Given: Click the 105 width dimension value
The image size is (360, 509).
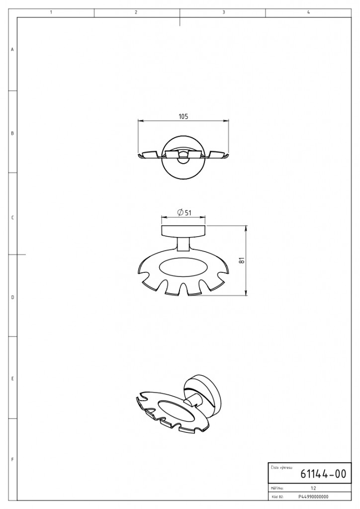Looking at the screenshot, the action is click(x=183, y=116).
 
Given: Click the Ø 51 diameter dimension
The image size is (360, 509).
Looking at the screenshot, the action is click(x=184, y=213).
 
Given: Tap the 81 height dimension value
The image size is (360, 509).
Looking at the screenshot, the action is click(x=241, y=260).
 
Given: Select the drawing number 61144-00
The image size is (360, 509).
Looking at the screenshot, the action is click(x=323, y=474).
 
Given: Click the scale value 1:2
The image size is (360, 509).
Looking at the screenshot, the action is click(x=313, y=488).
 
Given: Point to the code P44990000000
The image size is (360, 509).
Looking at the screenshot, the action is click(x=313, y=497).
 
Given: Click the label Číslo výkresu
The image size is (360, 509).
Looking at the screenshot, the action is click(x=281, y=467).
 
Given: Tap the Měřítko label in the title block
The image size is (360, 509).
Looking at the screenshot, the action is click(x=277, y=488).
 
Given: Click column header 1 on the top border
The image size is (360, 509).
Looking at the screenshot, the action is click(x=51, y=12).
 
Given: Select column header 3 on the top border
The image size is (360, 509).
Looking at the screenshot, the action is click(x=224, y=12).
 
